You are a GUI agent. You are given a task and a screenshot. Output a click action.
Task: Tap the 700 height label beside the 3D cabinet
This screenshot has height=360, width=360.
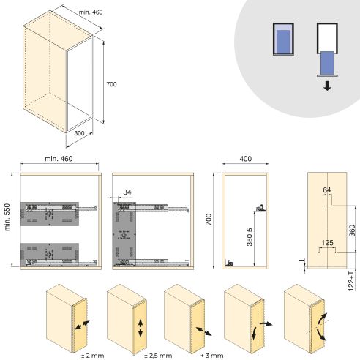click(x=111, y=84)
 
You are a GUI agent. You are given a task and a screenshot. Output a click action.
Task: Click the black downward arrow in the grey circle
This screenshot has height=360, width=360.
click(x=326, y=85)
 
